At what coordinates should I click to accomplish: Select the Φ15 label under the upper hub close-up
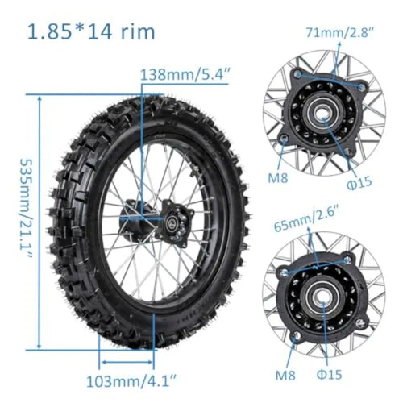[x=360, y=181]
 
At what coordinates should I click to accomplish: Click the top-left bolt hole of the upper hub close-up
[x=298, y=75]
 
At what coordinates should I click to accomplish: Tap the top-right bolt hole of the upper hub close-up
[x=362, y=86]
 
